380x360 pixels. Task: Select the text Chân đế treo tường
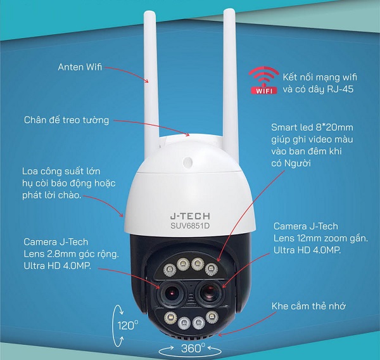pos(66,120)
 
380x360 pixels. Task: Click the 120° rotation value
pos(127,326)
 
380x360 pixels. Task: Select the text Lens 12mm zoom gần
pos(312,238)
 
